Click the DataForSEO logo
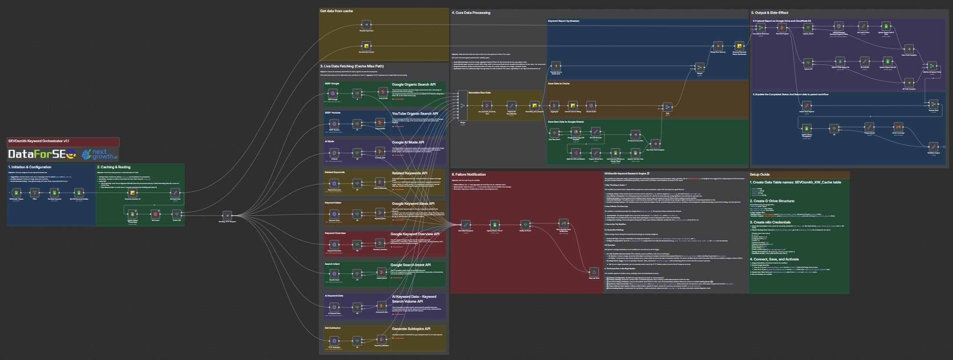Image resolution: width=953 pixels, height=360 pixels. [x=43, y=154]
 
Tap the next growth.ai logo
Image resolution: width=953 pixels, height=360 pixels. [x=100, y=154]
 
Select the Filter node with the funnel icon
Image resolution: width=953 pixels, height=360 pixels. [x=35, y=192]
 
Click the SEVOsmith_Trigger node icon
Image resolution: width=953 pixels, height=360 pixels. [x=17, y=192]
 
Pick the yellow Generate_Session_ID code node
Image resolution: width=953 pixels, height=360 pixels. [x=132, y=192]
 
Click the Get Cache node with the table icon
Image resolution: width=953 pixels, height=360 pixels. [x=155, y=214]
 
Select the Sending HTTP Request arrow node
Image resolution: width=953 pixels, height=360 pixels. [x=227, y=215]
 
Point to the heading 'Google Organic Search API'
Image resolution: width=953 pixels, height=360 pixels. [x=413, y=85]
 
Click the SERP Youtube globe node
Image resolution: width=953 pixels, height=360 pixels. [x=334, y=123]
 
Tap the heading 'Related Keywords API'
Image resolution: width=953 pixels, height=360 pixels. [x=409, y=173]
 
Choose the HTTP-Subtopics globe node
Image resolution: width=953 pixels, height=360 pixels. [x=334, y=340]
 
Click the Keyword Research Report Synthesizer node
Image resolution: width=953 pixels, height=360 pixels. [x=738, y=46]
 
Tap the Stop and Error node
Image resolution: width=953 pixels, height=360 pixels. [x=594, y=272]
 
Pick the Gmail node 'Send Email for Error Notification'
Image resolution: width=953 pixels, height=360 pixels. [x=563, y=223]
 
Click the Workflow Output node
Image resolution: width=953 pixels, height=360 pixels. [x=933, y=147]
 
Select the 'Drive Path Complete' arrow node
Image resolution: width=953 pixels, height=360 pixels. [x=908, y=49]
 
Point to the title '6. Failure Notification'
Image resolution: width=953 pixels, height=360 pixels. [x=468, y=174]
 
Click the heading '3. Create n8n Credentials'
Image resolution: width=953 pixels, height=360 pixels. [x=770, y=222]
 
